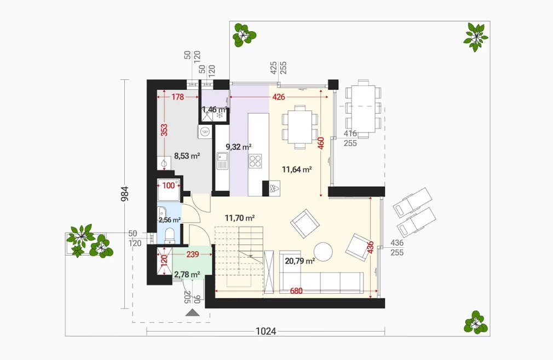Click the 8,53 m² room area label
coord(187,156)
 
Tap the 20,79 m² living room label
coord(300,261)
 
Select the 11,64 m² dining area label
coord(297,170)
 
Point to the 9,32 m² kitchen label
coord(238,147)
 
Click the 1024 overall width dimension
coord(266,331)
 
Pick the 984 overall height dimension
coord(125,194)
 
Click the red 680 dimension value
coord(296,291)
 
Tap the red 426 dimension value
coord(279,96)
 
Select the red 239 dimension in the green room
coord(193,254)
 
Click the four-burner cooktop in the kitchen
coord(255,161)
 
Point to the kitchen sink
coord(222,161)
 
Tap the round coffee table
coord(324,252)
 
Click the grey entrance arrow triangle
coord(193,313)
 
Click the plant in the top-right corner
coord(476,37)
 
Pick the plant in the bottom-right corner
coord(476,322)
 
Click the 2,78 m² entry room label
coord(187,275)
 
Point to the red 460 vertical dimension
coord(321,143)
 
